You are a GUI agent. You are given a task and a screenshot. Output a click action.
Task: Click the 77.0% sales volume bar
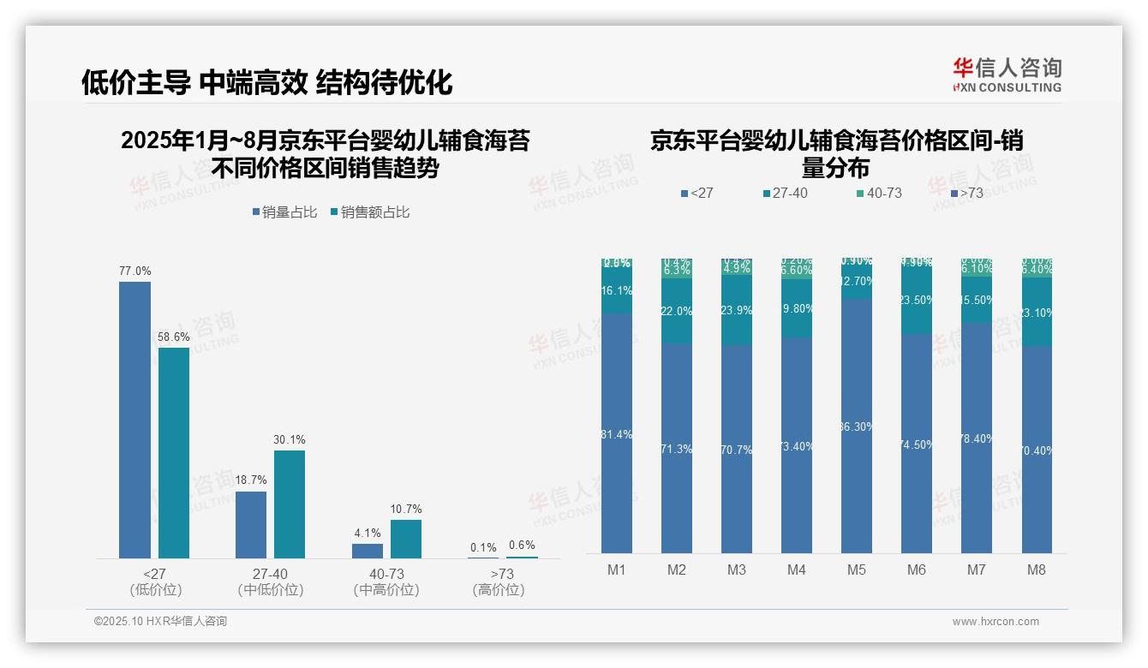135,420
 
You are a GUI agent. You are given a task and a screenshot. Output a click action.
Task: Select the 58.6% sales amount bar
174,452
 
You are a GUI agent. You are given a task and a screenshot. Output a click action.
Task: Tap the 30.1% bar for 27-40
290,504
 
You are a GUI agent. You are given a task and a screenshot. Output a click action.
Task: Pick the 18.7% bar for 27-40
251,524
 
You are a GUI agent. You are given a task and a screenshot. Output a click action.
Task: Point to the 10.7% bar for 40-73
406,539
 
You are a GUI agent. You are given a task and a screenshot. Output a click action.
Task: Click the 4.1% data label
368,533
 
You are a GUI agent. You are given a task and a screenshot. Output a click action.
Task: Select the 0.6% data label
522,545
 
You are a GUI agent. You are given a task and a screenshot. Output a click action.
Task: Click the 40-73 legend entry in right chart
883,194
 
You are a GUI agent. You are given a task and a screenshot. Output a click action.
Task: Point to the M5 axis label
857,570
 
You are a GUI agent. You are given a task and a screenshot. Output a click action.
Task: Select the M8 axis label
1037,570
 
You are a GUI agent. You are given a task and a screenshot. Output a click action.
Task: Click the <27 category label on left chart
155,574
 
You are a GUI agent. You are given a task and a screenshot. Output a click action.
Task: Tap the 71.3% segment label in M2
677,449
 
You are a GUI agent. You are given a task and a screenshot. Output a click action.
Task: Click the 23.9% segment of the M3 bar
737,310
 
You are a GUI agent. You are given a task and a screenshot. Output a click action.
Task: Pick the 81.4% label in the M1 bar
617,434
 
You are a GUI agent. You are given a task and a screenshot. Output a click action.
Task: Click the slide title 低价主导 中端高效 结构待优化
266,82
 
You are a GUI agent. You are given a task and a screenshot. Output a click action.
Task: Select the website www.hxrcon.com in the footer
996,622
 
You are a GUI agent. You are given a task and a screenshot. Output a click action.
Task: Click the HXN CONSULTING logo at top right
1007,75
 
